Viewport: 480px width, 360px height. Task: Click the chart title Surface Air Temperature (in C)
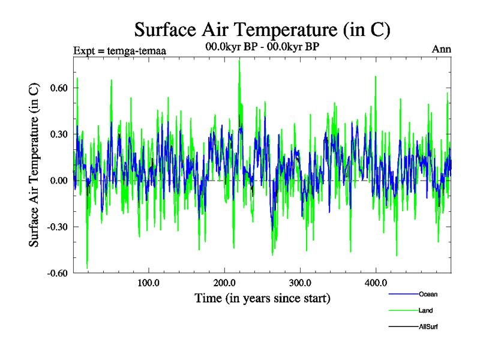point(262,29)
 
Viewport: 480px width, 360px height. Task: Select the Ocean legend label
point(428,294)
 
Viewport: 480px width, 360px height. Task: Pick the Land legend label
point(426,310)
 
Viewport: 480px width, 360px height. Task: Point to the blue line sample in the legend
point(403,294)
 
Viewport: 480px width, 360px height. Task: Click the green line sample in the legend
point(403,310)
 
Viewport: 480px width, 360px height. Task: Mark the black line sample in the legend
point(403,326)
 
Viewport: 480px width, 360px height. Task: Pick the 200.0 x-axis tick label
point(224,283)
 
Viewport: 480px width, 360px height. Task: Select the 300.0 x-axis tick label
point(299,283)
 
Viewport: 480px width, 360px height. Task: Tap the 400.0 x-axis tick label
point(376,283)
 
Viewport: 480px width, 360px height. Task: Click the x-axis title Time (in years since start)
point(262,298)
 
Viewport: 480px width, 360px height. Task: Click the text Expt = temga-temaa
point(119,50)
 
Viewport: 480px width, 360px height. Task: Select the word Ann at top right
point(441,49)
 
